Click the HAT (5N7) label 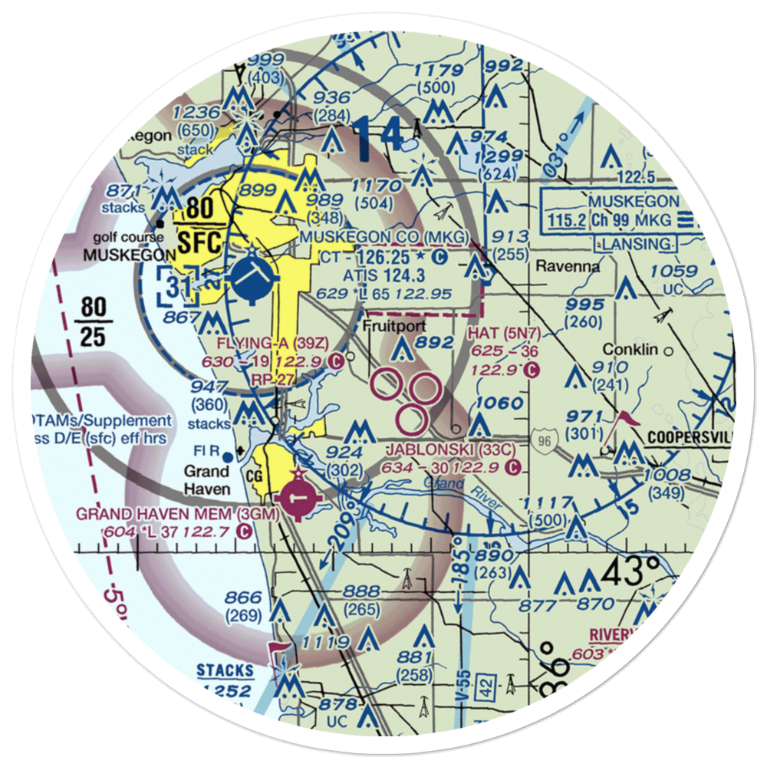503,334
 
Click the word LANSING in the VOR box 637,243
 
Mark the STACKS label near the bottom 225,671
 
